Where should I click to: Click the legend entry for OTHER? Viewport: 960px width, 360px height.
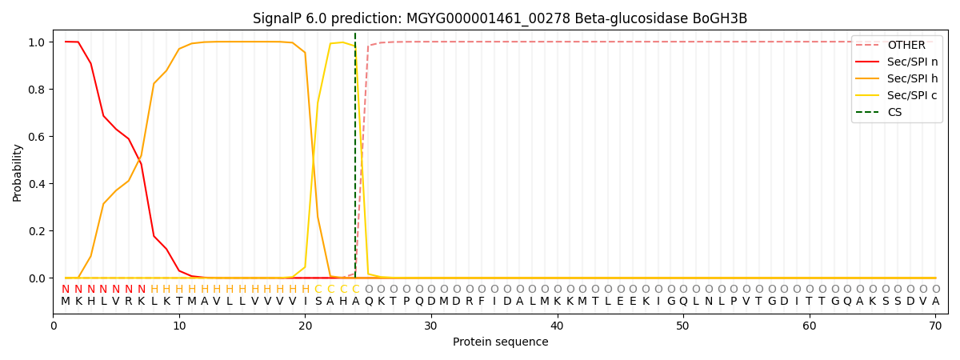[906, 46]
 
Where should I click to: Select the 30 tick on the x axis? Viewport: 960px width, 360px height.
[431, 326]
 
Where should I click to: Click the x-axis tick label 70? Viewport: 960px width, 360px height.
[935, 326]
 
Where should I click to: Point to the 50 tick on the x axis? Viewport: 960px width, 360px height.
[683, 326]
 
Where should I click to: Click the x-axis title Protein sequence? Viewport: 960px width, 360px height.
[500, 342]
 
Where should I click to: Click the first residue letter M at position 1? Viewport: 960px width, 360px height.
[66, 302]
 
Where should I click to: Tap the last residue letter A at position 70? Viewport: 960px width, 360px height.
[935, 302]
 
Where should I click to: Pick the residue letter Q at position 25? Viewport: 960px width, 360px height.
[368, 302]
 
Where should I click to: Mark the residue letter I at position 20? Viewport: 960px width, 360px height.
[305, 302]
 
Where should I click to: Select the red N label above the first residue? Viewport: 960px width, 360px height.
[66, 290]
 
